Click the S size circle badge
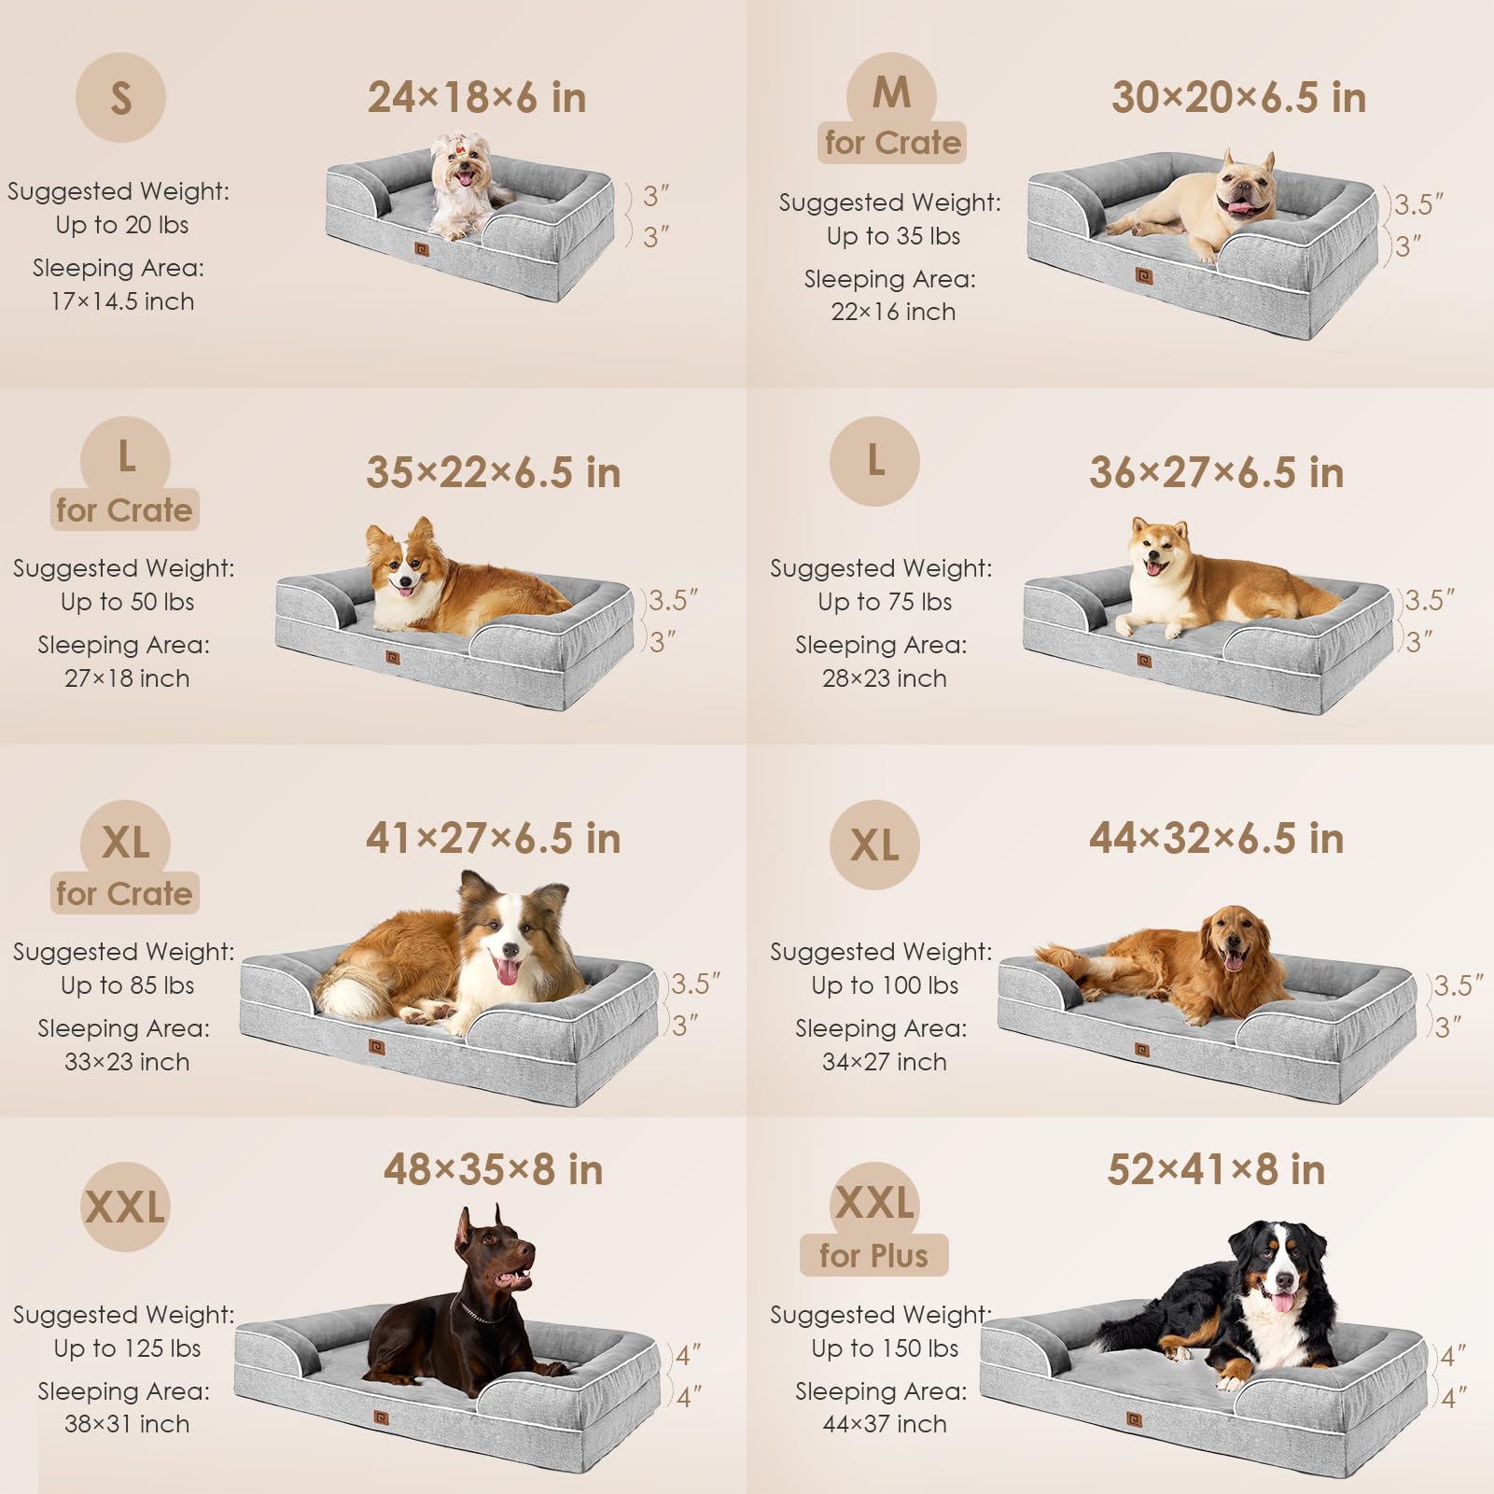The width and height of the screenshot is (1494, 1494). point(120,98)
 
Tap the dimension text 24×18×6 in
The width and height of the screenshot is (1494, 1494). point(477,98)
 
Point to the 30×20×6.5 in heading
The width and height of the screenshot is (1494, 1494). point(1238,98)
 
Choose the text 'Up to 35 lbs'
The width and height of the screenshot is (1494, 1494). point(893,236)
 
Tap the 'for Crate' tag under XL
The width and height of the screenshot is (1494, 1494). point(124,893)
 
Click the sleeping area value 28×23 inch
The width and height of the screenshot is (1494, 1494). point(884,678)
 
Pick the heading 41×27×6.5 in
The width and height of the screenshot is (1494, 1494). point(493,838)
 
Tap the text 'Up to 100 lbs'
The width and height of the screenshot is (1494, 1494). point(884,985)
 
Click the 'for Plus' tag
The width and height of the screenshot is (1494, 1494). point(873,1255)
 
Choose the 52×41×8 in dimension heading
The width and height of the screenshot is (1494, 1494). point(1216,1169)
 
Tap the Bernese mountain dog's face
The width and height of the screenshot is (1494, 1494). point(1278,1278)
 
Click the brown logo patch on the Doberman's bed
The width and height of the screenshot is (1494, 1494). point(381,1417)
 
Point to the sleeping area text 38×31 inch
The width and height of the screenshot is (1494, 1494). point(127,1424)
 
